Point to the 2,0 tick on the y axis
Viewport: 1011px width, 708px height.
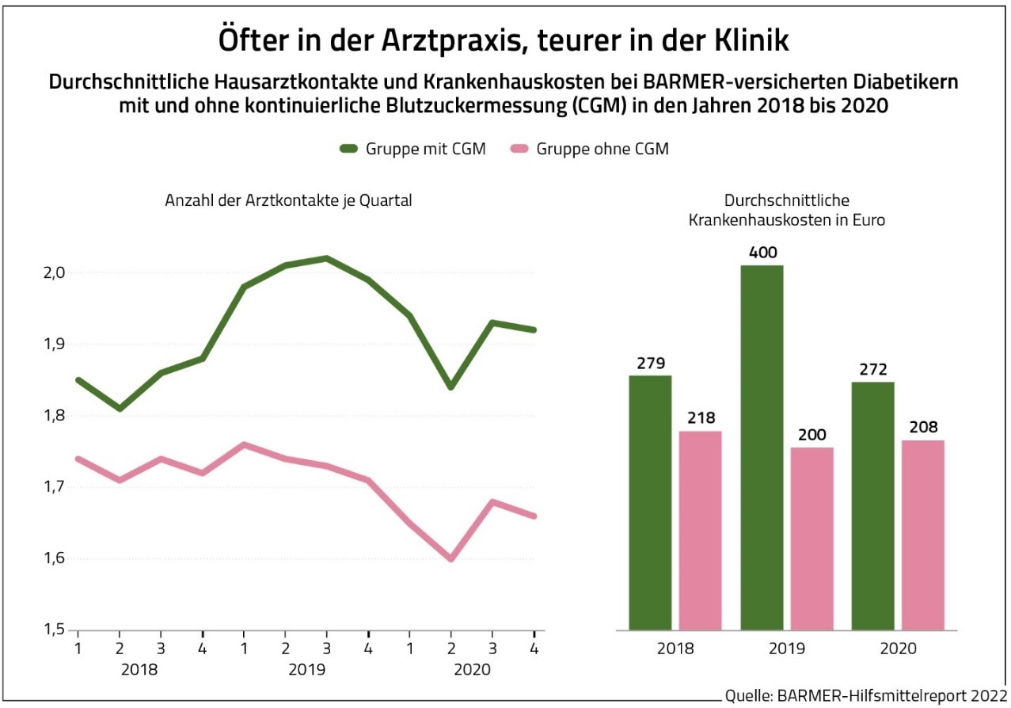click(55, 273)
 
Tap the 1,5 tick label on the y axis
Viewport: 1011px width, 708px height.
click(55, 630)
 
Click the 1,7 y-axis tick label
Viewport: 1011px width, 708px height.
click(55, 487)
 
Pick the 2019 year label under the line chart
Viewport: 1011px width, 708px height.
click(307, 669)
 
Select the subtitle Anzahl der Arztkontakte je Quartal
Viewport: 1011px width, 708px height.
click(288, 201)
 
